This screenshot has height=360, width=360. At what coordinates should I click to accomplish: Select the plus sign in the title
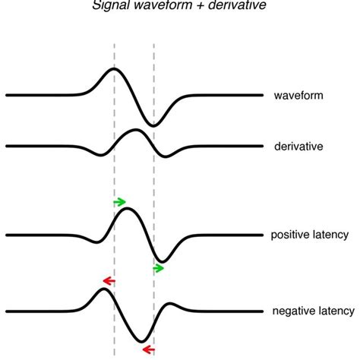coord(201,6)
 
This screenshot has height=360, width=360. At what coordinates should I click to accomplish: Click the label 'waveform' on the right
coord(298,96)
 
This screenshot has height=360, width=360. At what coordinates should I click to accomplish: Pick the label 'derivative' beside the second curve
coord(298,145)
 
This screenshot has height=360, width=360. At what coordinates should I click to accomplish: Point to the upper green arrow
coord(119,201)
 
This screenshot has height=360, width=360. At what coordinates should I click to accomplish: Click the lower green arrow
coord(159,268)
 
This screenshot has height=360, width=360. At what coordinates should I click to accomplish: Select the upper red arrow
coord(109,282)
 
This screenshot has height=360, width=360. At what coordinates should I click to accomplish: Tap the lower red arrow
coord(148,349)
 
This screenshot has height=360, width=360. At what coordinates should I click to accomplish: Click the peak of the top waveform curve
coord(114,69)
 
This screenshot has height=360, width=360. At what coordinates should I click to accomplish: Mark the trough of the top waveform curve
coord(154,125)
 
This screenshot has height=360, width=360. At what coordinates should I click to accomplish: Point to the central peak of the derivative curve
coord(134,131)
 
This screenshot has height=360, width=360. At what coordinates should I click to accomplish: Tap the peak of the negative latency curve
coord(103,290)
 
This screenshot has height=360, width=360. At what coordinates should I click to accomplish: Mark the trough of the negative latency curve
coord(144,342)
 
